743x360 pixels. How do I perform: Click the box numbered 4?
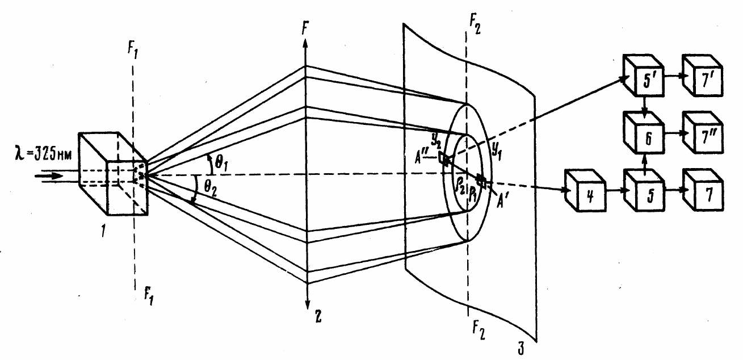(x=586, y=191)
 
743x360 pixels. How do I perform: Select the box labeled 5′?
(x=644, y=76)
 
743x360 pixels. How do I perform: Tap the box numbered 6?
(x=644, y=133)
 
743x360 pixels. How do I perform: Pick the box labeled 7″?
(x=703, y=133)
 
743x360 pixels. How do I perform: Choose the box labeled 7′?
(x=703, y=76)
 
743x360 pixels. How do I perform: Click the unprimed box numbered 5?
(x=644, y=191)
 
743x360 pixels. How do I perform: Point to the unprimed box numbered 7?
(x=703, y=191)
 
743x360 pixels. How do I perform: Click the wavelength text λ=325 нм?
(x=43, y=155)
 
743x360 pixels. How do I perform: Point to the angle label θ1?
(x=221, y=163)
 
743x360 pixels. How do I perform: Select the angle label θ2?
(x=211, y=190)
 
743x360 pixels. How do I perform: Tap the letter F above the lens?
(x=305, y=29)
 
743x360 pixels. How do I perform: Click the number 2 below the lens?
(x=318, y=316)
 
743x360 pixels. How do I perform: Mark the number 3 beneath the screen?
(x=521, y=349)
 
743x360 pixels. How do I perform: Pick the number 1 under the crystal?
(x=103, y=231)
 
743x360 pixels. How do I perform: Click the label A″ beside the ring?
(x=421, y=157)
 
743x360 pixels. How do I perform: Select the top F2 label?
(x=475, y=25)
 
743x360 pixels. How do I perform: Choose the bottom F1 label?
(x=149, y=296)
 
